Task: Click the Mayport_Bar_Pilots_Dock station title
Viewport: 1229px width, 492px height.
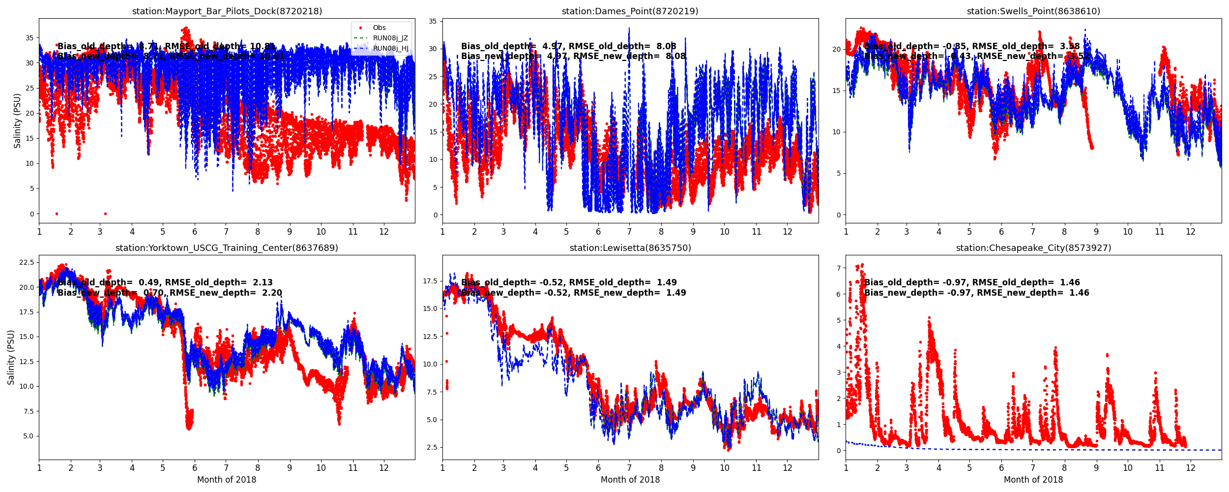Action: tap(227, 11)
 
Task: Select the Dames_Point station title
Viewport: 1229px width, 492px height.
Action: tap(630, 11)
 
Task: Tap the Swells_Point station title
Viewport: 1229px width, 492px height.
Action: tap(1033, 11)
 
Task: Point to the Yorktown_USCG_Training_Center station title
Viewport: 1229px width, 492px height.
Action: tap(227, 248)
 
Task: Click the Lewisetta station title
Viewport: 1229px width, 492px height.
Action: tap(630, 248)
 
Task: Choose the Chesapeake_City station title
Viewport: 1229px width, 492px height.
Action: tap(1033, 248)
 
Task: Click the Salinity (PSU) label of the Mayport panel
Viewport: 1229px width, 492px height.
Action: tap(18, 121)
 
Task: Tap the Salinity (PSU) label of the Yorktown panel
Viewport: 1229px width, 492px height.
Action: tap(11, 357)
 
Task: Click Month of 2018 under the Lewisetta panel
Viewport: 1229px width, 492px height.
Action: tap(630, 480)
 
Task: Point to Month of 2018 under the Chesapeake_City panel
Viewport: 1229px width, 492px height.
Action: tap(1033, 480)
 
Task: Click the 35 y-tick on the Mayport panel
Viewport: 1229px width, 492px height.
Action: tap(29, 38)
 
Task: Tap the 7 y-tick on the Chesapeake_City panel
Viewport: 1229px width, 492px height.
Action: tap(838, 268)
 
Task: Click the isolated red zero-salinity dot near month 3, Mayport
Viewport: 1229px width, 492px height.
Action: tap(105, 214)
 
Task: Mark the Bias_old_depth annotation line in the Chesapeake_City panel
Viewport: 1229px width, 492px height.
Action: tap(972, 282)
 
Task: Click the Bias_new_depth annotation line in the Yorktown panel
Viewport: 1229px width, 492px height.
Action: tap(170, 293)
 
